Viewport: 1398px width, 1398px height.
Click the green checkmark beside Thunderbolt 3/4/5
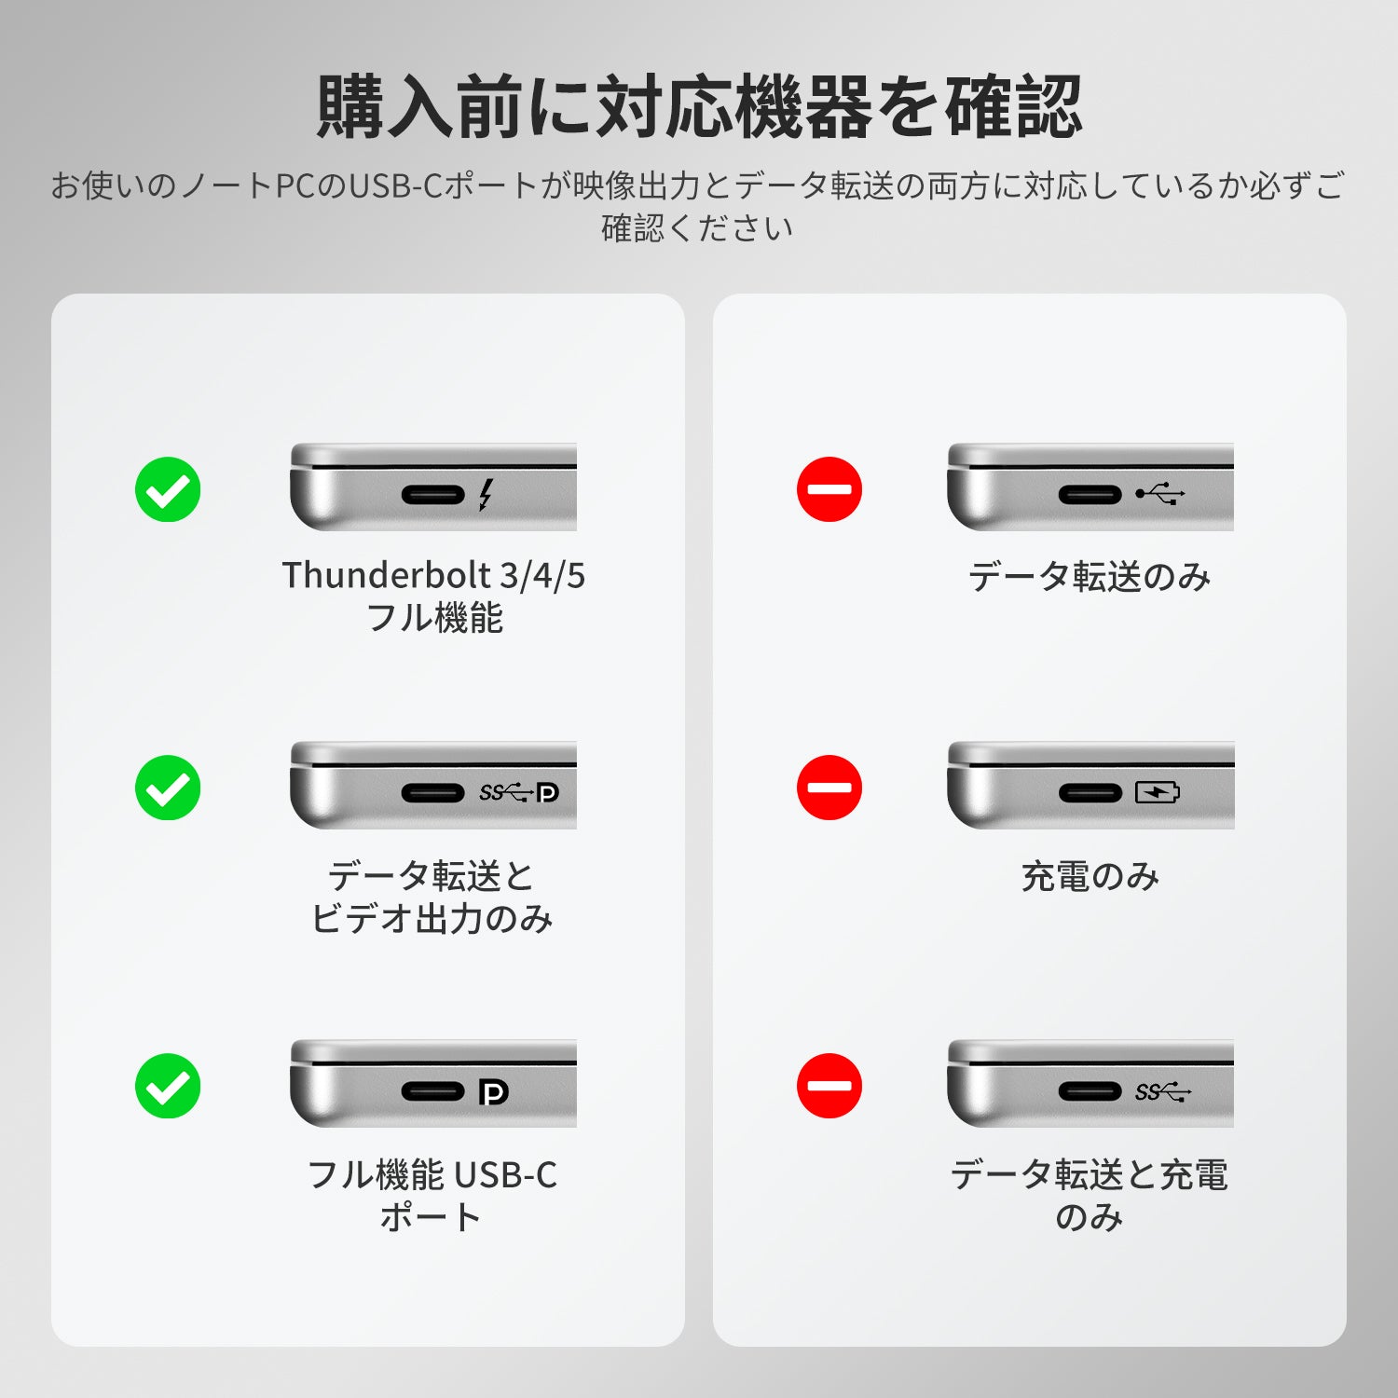point(168,489)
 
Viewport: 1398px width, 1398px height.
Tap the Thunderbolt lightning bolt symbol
point(486,494)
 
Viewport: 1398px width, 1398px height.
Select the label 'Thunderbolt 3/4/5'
point(433,575)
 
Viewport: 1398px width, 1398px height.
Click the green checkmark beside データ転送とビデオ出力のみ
point(168,788)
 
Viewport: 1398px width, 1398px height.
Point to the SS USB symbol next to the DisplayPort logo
point(506,792)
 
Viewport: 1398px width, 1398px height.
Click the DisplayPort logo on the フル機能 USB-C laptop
point(493,1091)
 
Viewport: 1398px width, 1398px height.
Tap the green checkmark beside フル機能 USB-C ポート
point(168,1086)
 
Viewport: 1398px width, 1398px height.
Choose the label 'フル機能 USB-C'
point(432,1174)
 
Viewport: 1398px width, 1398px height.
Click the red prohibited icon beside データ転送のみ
point(829,489)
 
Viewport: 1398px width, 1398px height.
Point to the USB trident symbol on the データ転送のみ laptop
point(1160,493)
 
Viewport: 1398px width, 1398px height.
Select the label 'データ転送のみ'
point(1090,577)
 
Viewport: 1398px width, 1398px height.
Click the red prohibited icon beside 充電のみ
point(829,788)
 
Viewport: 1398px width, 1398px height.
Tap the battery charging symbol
point(1158,792)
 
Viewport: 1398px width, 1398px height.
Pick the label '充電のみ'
point(1090,876)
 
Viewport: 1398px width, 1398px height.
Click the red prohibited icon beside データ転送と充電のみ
point(829,1086)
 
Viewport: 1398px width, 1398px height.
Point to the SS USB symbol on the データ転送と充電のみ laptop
point(1163,1091)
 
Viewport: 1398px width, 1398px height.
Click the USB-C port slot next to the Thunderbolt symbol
point(433,494)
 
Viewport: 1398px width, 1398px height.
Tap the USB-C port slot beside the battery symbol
point(1090,793)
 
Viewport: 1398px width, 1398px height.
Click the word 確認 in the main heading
point(1014,107)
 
